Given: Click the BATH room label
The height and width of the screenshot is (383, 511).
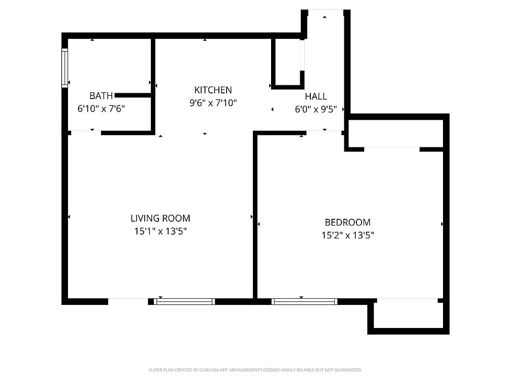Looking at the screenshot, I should [x=101, y=96].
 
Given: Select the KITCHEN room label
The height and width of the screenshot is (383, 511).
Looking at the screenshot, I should [x=213, y=90].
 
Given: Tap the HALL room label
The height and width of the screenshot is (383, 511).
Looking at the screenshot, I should [x=316, y=96].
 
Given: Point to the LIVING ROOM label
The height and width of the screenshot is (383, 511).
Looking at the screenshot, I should [x=160, y=218].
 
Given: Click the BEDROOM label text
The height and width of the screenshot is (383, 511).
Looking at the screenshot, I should [x=347, y=222].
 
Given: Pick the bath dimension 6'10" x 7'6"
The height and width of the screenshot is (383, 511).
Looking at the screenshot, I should [x=101, y=109].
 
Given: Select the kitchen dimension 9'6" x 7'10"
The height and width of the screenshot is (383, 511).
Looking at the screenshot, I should [x=213, y=102].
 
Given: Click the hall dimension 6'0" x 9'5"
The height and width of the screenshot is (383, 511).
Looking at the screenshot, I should [x=319, y=109].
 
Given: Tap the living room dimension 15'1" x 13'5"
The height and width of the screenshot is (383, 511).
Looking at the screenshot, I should [x=160, y=231].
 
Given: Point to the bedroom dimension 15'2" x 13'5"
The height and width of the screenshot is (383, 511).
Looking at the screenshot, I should [x=347, y=235].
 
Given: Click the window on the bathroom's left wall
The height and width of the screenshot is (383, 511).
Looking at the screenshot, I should [x=65, y=68].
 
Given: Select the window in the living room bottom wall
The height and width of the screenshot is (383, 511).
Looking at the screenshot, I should [x=184, y=302].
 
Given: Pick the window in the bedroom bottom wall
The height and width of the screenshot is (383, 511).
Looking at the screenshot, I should [x=304, y=302].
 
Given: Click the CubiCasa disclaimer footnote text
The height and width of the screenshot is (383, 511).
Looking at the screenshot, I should [x=255, y=370].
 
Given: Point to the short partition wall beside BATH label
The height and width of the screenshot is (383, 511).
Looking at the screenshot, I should [x=133, y=96].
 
